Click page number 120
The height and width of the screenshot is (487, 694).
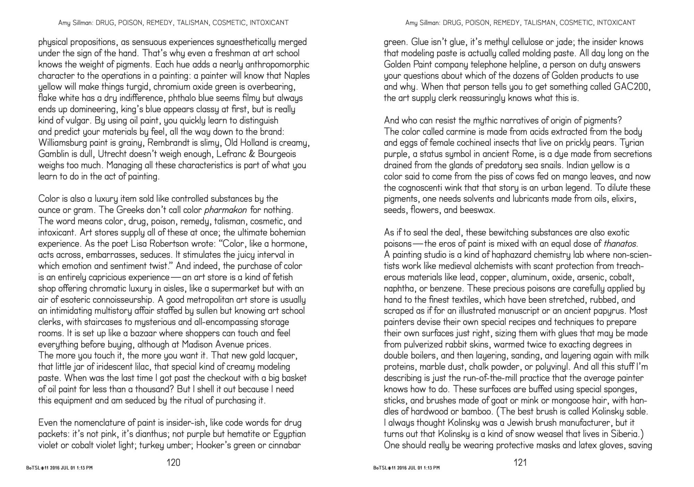[173, 462]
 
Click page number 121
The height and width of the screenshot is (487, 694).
[520, 462]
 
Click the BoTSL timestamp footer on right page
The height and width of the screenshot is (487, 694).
[406, 468]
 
